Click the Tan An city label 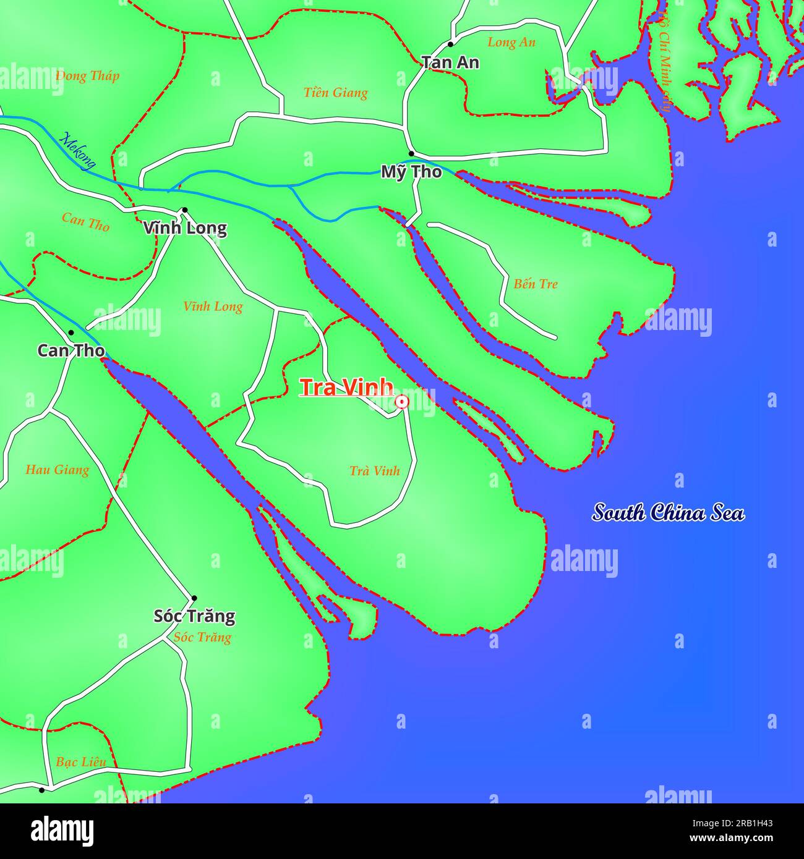(x=450, y=62)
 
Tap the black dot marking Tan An (x=450, y=44)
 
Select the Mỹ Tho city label (x=411, y=172)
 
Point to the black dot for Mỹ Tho (x=411, y=153)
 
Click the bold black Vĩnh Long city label (x=185, y=228)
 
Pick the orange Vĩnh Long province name (x=213, y=307)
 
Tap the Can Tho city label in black (x=71, y=350)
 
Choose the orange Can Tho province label (x=85, y=222)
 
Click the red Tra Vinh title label (x=346, y=387)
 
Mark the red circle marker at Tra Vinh (x=402, y=402)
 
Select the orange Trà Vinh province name (x=375, y=471)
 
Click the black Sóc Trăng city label (x=194, y=616)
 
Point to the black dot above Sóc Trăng (x=194, y=598)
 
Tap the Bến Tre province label (x=536, y=284)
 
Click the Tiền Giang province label (x=336, y=93)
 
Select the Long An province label (x=511, y=43)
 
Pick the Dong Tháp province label (x=87, y=76)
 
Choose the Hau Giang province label (x=57, y=470)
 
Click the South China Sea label (x=668, y=513)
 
